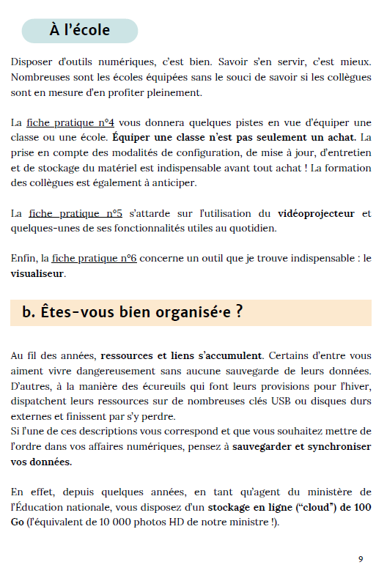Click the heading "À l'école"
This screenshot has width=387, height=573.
[x=79, y=31]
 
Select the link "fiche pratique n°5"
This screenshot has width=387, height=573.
[x=75, y=213]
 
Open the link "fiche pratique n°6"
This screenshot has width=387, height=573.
[x=95, y=258]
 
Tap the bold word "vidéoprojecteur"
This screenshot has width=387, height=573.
[x=316, y=213]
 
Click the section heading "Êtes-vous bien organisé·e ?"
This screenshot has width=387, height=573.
[x=133, y=312]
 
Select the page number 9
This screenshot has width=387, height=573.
[x=361, y=558]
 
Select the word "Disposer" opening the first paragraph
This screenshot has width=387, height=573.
[x=34, y=61]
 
